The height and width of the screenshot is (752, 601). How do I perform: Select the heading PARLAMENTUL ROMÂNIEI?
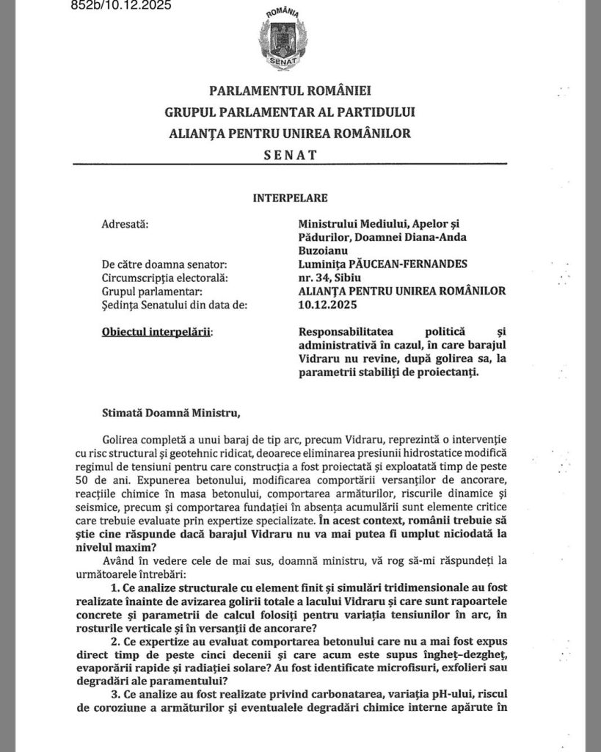[291, 91]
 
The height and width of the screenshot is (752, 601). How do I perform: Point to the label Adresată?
[124, 223]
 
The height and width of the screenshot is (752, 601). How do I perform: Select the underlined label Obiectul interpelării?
[156, 332]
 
